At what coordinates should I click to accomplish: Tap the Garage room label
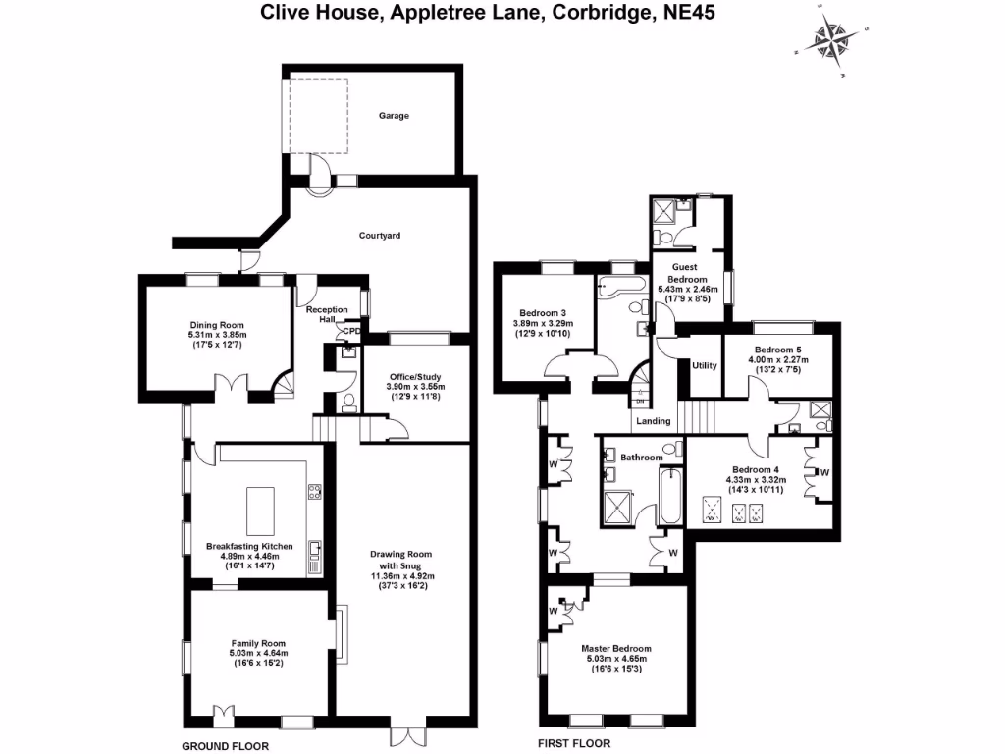[x=394, y=115]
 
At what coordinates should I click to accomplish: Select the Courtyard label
[x=379, y=236]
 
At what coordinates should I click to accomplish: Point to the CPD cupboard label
[x=350, y=332]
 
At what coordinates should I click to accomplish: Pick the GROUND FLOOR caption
[x=227, y=746]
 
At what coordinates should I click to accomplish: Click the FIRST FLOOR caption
[x=573, y=744]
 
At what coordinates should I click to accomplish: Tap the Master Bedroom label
[x=615, y=649]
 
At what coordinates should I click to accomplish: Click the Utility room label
[x=705, y=366]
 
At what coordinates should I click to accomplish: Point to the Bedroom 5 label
[x=778, y=350]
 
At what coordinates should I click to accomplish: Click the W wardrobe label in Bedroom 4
[x=823, y=473]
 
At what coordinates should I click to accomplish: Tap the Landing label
[x=654, y=421]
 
